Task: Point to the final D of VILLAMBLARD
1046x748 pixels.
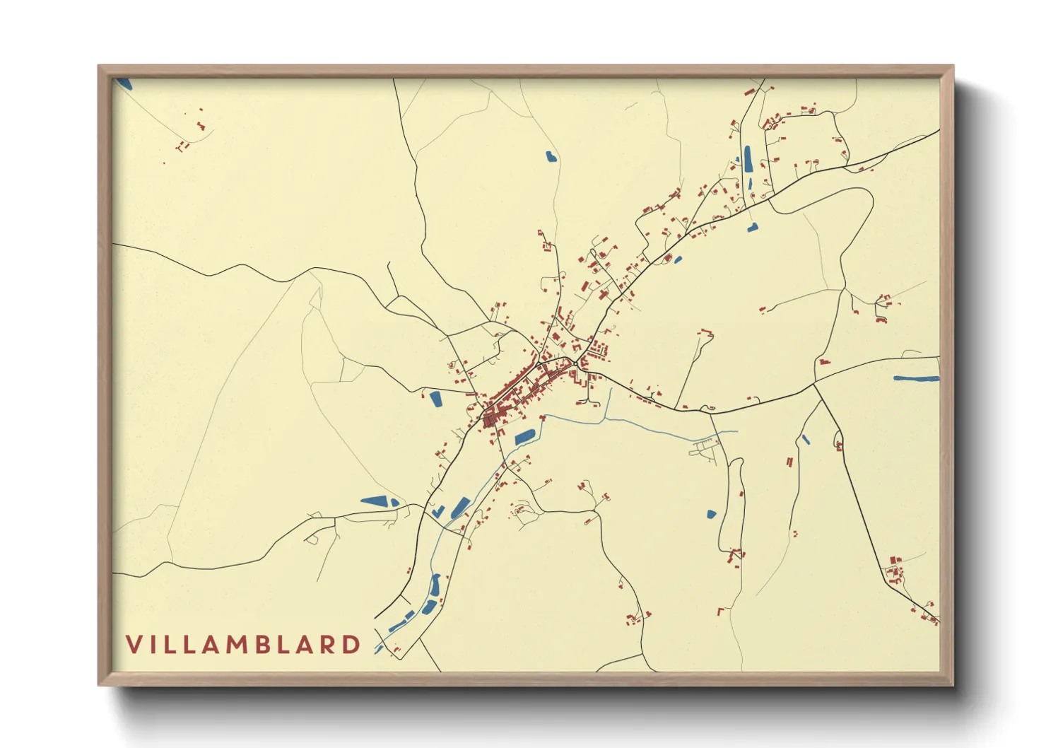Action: click(351, 645)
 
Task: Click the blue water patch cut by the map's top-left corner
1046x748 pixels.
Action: click(124, 83)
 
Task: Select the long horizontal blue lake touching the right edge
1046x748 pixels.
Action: click(916, 379)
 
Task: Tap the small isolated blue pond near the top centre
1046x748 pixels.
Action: click(551, 157)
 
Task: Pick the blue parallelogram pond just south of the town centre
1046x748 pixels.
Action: click(524, 437)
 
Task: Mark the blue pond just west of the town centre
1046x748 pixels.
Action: click(435, 399)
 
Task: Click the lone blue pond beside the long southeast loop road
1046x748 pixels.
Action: click(711, 514)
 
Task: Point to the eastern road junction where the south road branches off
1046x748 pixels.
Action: click(814, 385)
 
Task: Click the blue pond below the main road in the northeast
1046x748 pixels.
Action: click(752, 228)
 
